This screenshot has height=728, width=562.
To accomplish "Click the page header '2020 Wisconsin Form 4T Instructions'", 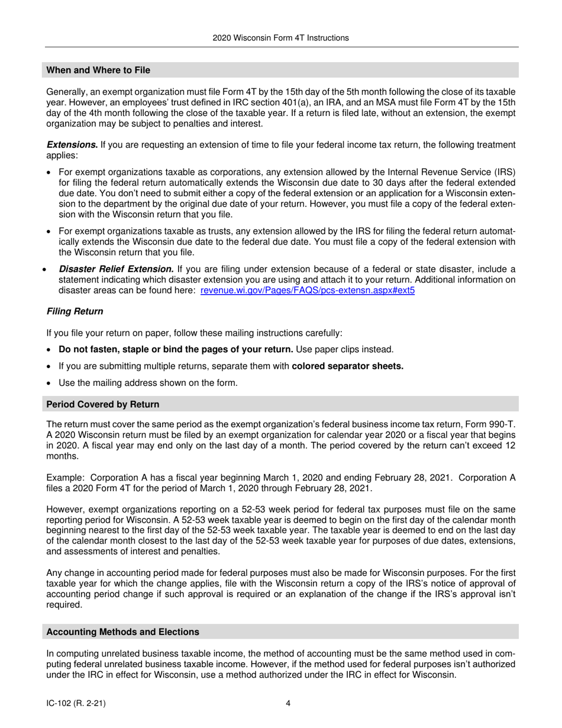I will point(280,38).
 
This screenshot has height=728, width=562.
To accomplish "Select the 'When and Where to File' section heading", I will point(98,70).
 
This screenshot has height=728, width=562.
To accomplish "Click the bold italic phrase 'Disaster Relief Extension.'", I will point(116,269).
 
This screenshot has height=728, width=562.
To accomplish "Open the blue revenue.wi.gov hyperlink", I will point(308,291).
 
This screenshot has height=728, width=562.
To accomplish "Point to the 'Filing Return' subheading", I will point(75,311).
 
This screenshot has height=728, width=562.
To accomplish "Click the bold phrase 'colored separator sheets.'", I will point(348,366).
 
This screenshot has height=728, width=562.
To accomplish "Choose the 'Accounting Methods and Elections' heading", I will point(122,632).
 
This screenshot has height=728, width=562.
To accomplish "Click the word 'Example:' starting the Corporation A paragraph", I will point(65,478).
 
